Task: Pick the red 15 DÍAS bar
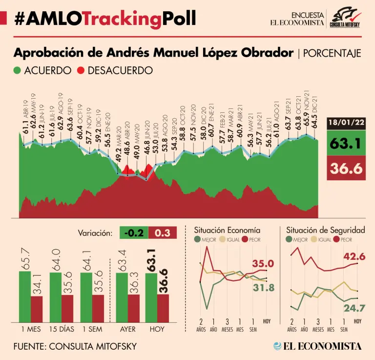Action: click(67, 309)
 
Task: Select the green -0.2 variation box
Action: click(134, 233)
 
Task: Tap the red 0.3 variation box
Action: click(162, 233)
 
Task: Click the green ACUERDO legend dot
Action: click(18, 70)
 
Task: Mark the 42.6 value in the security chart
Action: click(354, 257)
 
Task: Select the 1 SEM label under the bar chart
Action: click(92, 329)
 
